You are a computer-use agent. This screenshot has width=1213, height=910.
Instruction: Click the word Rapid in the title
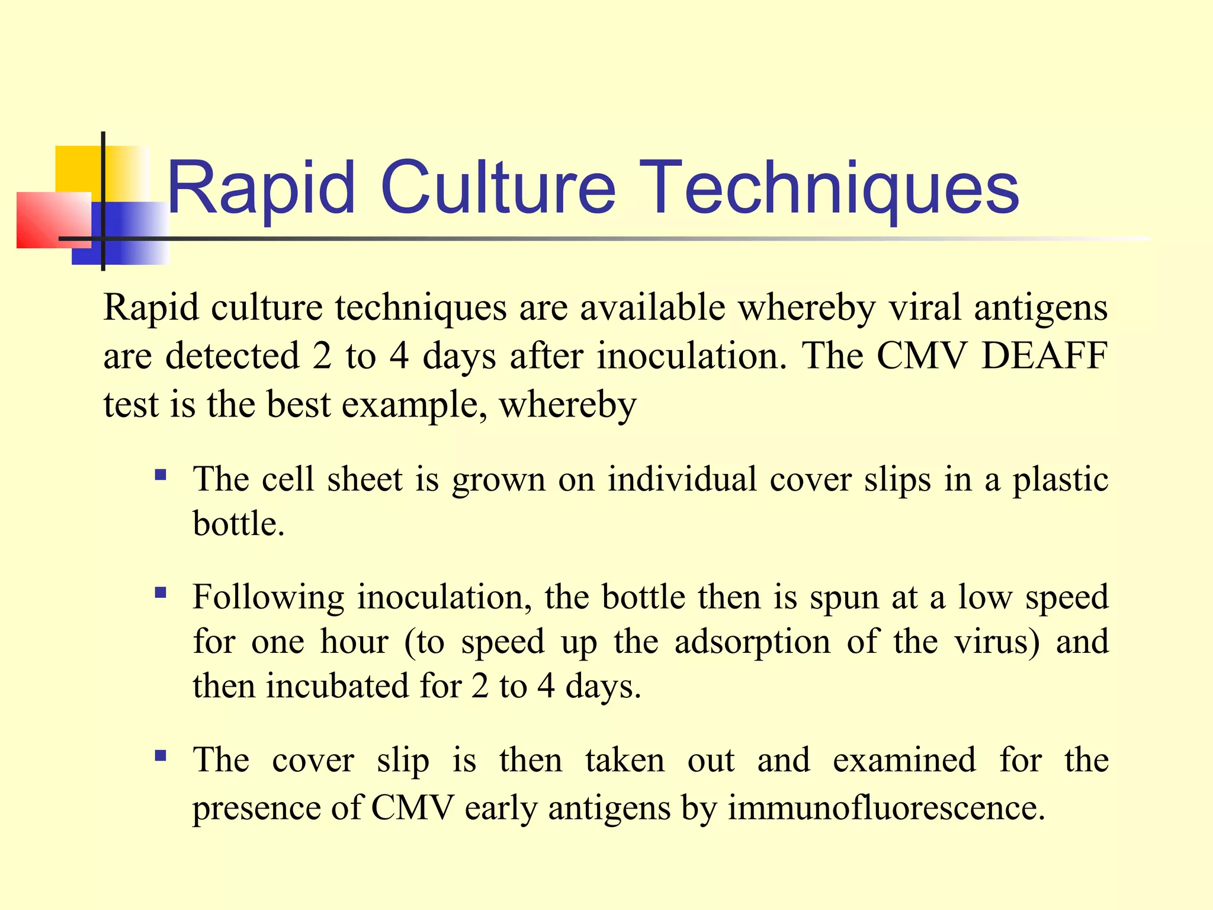coord(261,188)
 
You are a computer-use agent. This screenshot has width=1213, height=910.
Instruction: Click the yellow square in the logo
coord(77,169)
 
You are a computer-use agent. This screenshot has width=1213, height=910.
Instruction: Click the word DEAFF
coord(1044,356)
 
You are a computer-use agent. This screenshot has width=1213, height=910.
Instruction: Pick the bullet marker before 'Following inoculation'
coord(160,592)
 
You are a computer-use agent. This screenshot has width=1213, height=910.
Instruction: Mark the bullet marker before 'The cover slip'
coord(160,755)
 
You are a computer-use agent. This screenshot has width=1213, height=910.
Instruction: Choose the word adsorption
coord(752,642)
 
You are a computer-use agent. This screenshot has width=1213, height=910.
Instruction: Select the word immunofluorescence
coord(886,808)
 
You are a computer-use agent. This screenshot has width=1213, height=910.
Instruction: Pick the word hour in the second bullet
coord(354,642)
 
